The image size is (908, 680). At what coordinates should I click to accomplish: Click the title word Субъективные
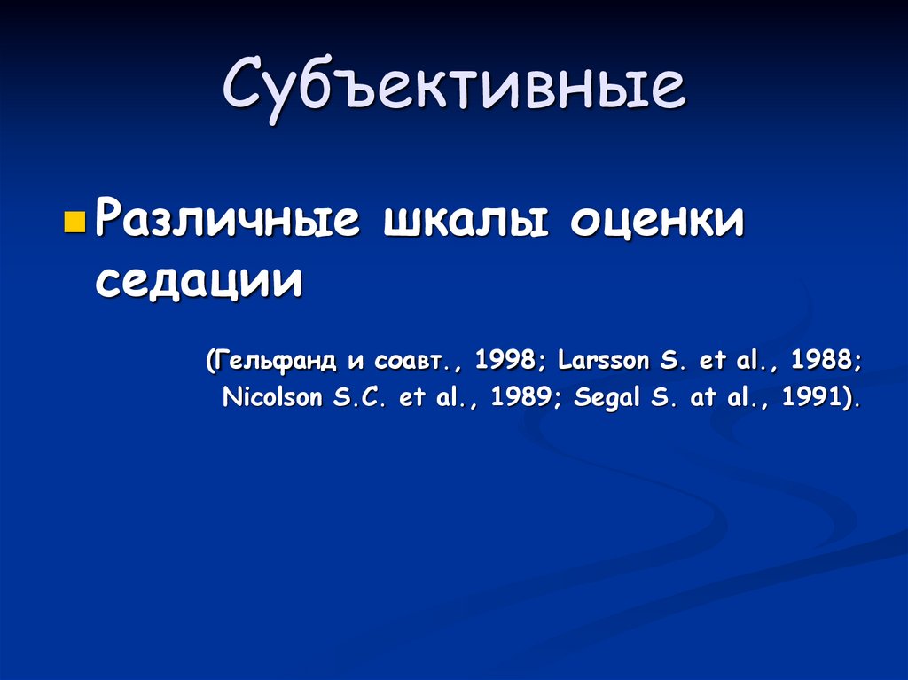pyautogui.click(x=454, y=89)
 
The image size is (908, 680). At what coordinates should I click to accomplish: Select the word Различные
pyautogui.click(x=227, y=220)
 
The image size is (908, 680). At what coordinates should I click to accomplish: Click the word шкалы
pyautogui.click(x=464, y=220)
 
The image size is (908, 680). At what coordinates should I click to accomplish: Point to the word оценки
pyautogui.click(x=657, y=220)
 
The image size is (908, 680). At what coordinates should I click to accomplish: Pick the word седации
pyautogui.click(x=199, y=281)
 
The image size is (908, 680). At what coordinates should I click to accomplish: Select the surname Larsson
pyautogui.click(x=604, y=362)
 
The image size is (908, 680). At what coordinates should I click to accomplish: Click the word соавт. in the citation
pyautogui.click(x=413, y=363)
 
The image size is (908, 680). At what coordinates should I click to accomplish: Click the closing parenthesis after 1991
pyautogui.click(x=849, y=397)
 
